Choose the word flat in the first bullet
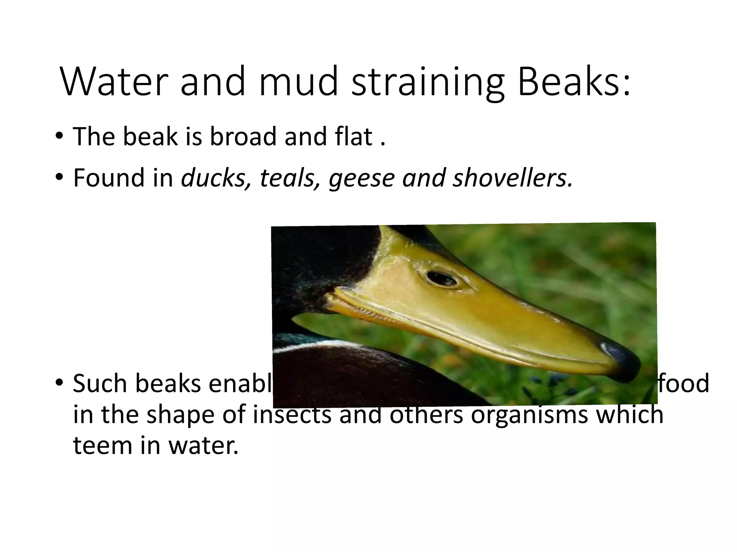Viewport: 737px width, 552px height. [x=354, y=137]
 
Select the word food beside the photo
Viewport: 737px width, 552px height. [x=684, y=383]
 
